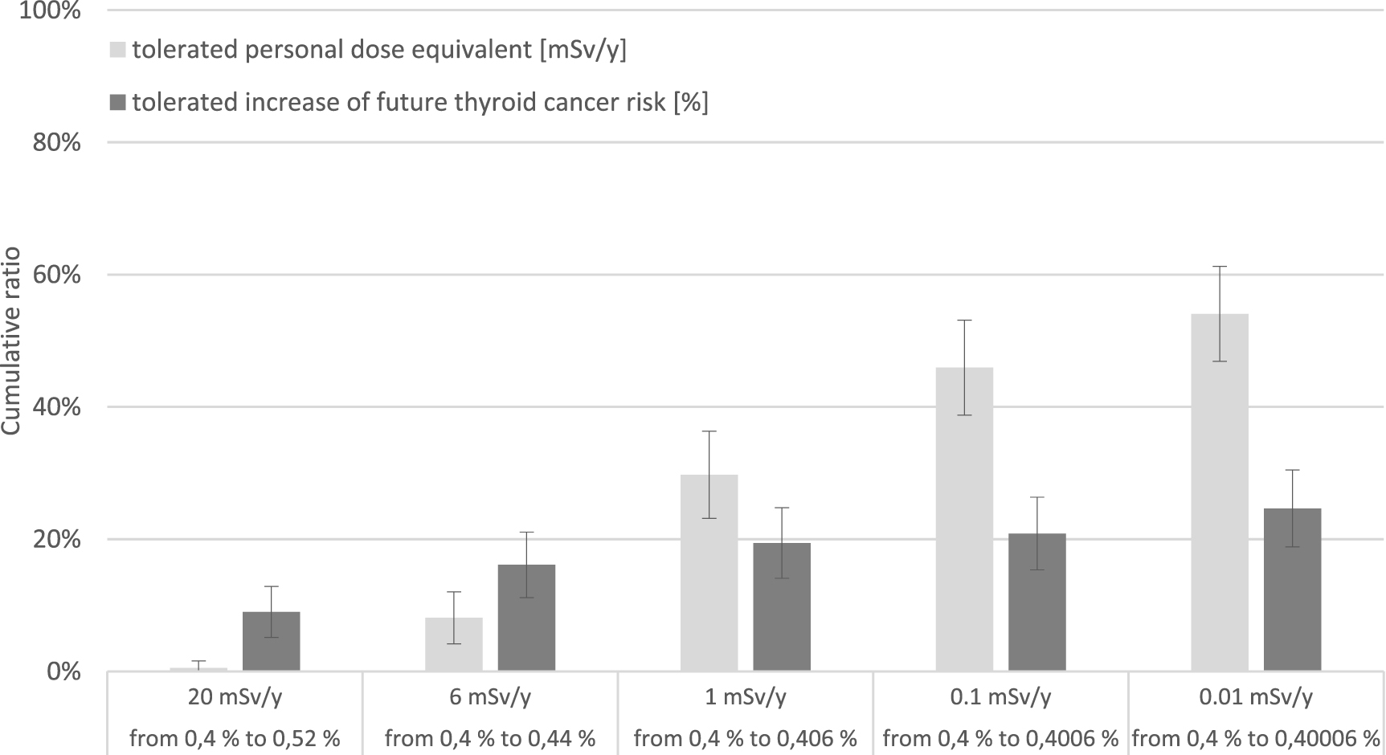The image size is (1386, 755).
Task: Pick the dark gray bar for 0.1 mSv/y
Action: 1036,602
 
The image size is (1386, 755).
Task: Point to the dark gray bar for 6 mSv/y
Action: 526,618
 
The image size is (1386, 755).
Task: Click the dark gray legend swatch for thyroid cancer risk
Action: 117,103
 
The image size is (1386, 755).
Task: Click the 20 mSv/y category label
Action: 235,696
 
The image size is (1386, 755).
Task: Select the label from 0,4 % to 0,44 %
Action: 490,738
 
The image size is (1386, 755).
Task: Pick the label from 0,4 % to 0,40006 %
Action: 1256,738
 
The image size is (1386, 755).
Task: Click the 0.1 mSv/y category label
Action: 1000,696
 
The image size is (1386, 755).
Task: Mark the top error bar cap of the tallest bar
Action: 1220,267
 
